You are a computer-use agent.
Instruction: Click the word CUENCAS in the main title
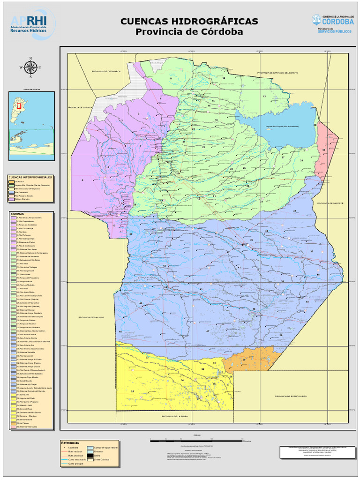pyautogui.click(x=144, y=22)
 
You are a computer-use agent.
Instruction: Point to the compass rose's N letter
pyautogui.click(x=31, y=59)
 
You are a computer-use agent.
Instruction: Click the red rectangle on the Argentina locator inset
pyautogui.click(x=19, y=106)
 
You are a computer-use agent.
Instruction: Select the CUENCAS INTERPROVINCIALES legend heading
pyautogui.click(x=30, y=177)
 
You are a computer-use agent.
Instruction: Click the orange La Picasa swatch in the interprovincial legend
pyautogui.click(x=11, y=181)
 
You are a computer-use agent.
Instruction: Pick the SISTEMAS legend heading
pyautogui.click(x=18, y=213)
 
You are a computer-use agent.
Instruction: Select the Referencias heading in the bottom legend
pyautogui.click(x=70, y=442)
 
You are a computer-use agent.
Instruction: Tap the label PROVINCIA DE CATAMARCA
pyautogui.click(x=106, y=71)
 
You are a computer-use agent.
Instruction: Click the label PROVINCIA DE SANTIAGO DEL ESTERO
pyautogui.click(x=277, y=73)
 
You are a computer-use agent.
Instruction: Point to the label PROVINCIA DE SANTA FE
pyautogui.click(x=331, y=203)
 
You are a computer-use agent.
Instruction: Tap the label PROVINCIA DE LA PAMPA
pyautogui.click(x=174, y=416)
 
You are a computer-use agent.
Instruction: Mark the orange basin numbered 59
pyautogui.click(x=243, y=360)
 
